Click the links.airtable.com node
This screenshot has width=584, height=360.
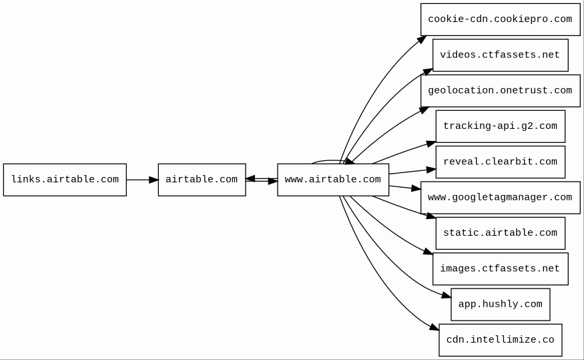click(65, 180)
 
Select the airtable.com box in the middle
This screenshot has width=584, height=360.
click(202, 180)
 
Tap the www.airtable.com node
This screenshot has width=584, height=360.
click(332, 180)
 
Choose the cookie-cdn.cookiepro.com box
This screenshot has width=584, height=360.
click(500, 19)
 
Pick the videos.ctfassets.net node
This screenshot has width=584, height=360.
click(500, 55)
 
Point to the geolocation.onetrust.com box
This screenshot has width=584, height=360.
click(500, 91)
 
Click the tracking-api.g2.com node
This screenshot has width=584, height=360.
click(500, 126)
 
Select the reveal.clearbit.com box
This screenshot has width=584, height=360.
click(500, 162)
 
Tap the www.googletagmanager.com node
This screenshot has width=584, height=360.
click(500, 198)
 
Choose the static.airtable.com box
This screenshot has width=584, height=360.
click(500, 233)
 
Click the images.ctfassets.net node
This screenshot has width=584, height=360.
click(500, 268)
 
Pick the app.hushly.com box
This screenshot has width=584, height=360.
click(500, 305)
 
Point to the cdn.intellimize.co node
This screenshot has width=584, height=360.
click(500, 340)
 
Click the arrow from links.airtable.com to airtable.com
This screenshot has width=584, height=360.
click(142, 180)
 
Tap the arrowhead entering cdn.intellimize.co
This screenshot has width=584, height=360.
click(435, 327)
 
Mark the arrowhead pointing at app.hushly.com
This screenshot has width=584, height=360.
click(447, 295)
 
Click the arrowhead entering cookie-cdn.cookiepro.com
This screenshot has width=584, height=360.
click(422, 39)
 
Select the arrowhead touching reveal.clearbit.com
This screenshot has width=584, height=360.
click(432, 170)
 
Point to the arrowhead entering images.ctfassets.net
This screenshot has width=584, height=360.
click(428, 252)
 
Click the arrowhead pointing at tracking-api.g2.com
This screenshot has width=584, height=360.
click(431, 143)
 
